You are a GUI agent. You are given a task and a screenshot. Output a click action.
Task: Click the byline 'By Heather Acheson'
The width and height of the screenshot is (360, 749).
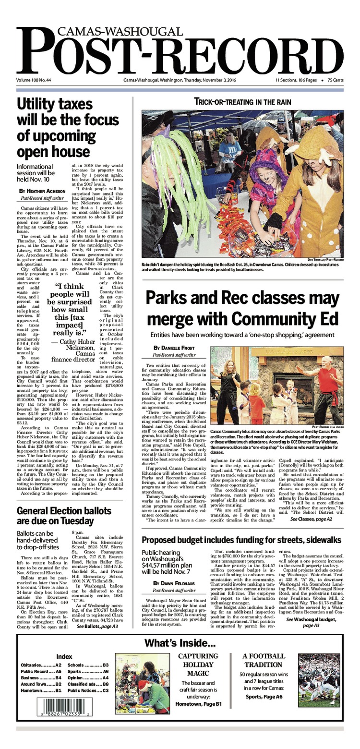click(44, 191)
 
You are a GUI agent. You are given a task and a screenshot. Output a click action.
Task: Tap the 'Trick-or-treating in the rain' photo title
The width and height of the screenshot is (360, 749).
click(242, 102)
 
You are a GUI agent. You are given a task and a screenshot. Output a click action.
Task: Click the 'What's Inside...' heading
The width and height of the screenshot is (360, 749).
click(180, 643)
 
